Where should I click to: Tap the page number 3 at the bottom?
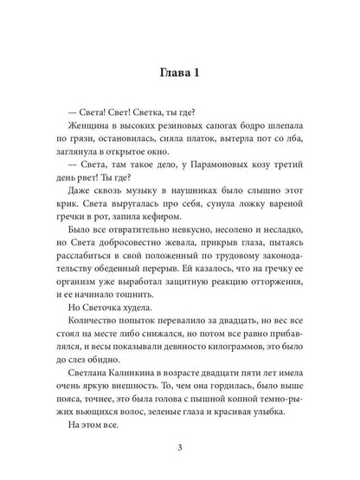tap(179, 446)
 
